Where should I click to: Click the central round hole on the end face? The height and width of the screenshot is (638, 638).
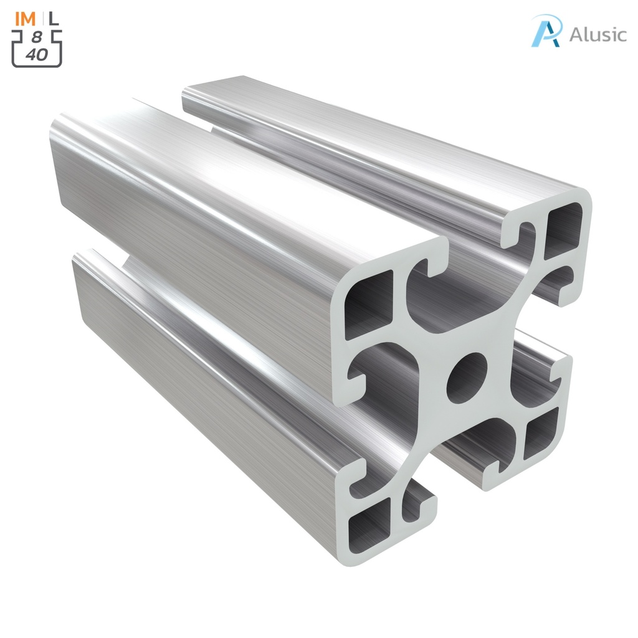[467, 377]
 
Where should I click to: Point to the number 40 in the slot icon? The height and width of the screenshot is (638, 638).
[37, 55]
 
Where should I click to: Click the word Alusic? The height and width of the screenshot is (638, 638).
[598, 34]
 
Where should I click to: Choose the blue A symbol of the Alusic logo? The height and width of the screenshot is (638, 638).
[547, 31]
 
